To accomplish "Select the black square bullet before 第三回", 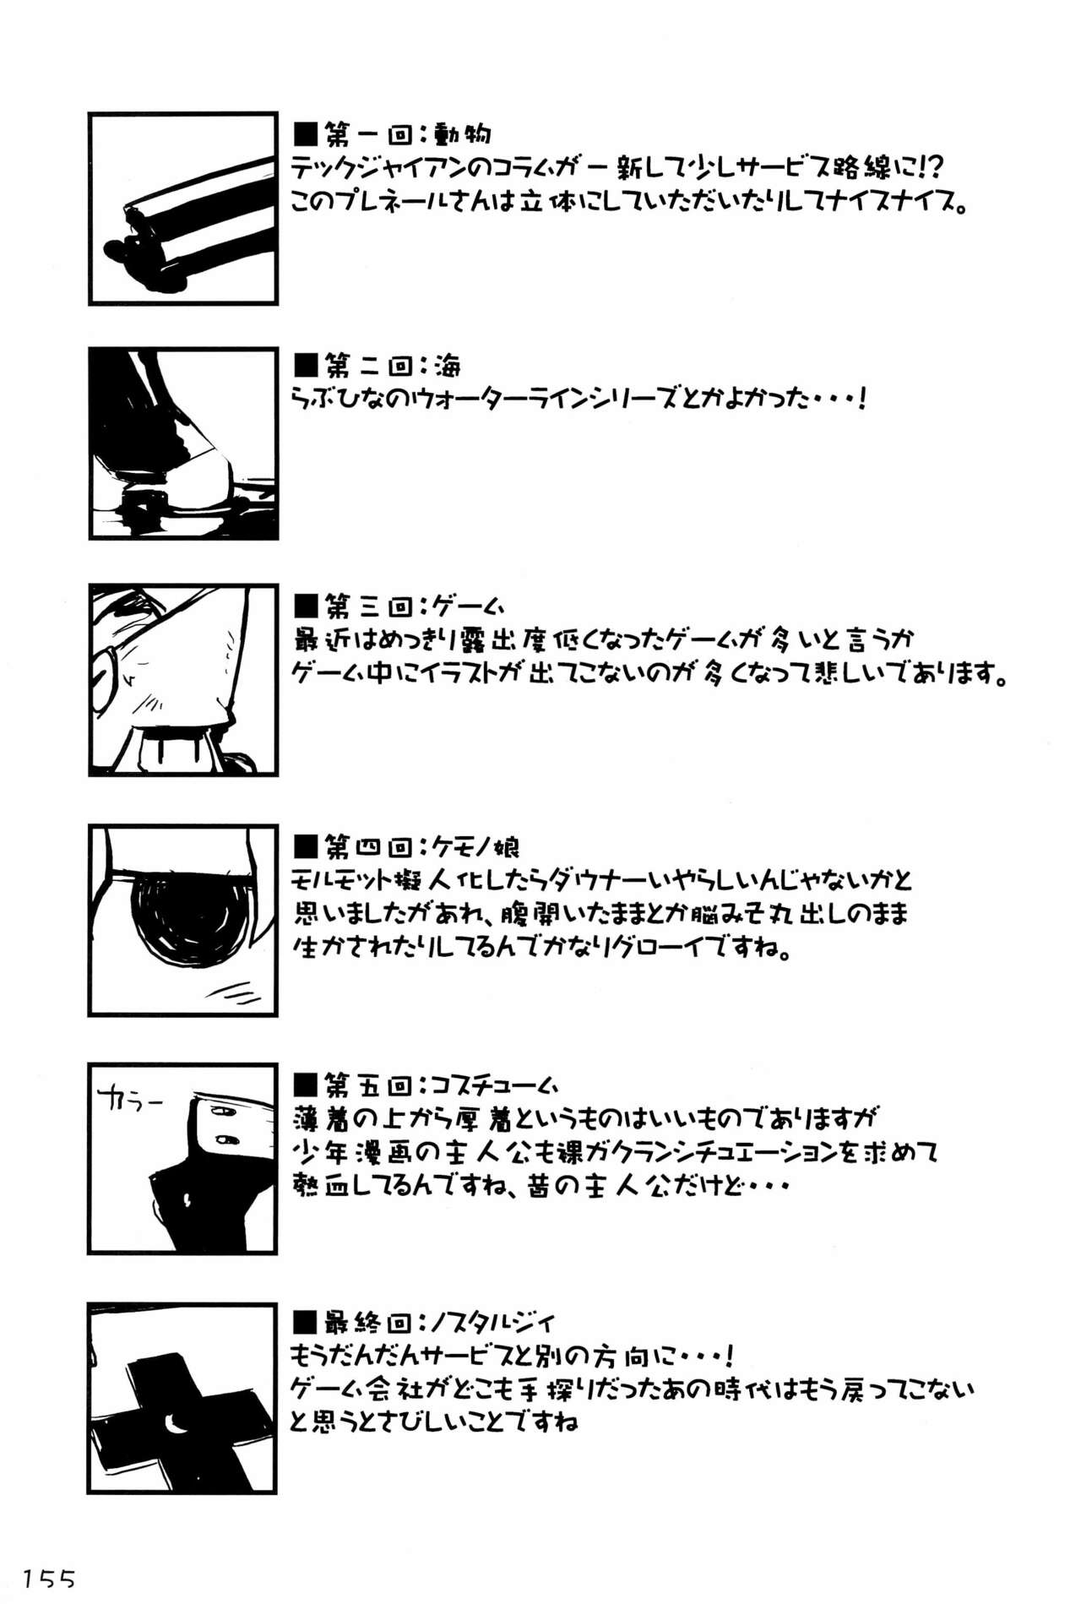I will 306,606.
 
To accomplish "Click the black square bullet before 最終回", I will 306,1324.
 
